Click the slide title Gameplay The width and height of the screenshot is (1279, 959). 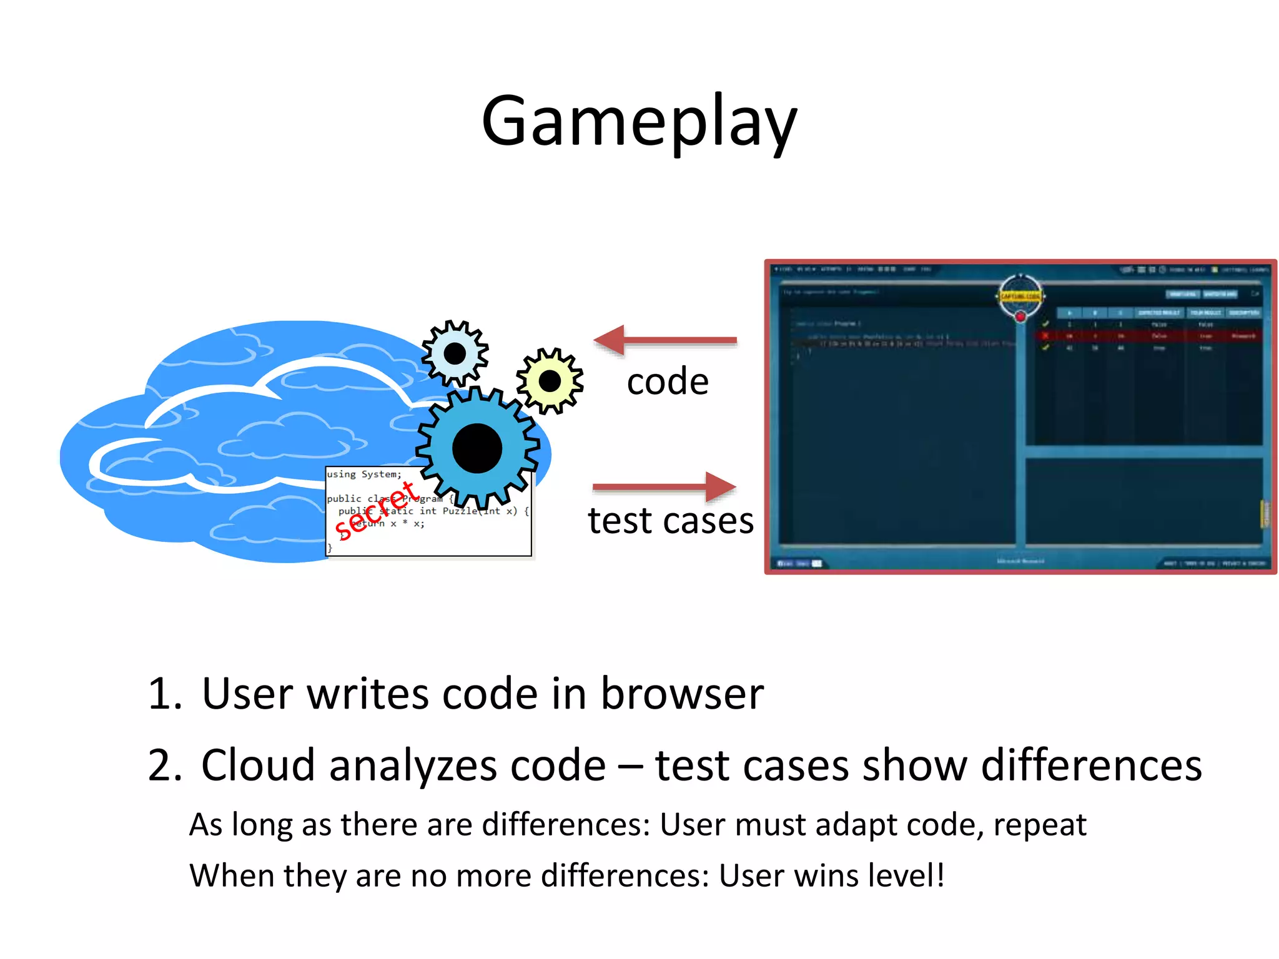point(639,122)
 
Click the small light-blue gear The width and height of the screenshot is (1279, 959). point(455,353)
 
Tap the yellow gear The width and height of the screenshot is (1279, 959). point(550,381)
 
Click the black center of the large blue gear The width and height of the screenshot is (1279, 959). point(477,448)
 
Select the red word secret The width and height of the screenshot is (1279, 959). point(375,511)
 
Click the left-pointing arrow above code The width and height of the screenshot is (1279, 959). point(664,340)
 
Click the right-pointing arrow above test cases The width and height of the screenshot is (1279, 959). point(664,486)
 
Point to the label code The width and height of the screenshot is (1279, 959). point(668,381)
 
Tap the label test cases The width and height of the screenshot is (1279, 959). point(671,521)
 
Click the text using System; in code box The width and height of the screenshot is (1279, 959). point(364,475)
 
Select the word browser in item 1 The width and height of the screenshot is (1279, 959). point(681,694)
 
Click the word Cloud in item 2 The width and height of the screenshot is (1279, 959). point(257,765)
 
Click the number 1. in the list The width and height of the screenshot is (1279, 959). point(164,694)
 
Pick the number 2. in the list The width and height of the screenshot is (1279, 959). point(164,765)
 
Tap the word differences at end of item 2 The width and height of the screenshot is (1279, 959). point(1090,765)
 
